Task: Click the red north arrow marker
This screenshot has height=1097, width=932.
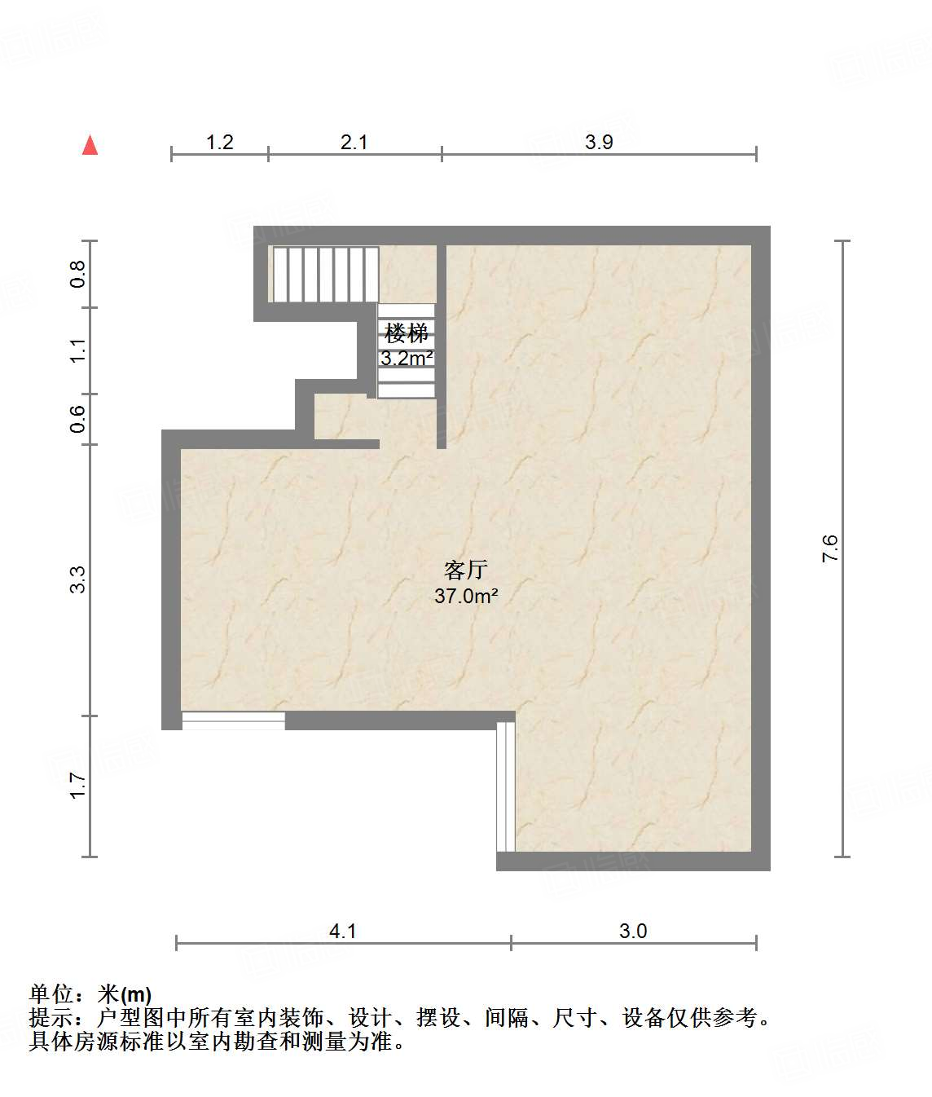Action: point(90,146)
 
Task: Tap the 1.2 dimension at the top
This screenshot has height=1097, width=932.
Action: point(219,142)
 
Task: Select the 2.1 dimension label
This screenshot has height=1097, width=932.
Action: point(354,142)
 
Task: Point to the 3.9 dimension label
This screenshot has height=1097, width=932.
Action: point(598,142)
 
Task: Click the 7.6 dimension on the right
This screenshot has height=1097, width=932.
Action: point(829,548)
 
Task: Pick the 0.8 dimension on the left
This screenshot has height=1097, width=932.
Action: point(77,273)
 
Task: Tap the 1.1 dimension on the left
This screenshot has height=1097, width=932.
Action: point(77,350)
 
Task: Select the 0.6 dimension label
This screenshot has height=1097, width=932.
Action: point(77,419)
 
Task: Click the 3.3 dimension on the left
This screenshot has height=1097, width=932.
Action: point(77,579)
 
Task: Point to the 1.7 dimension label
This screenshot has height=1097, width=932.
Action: point(77,786)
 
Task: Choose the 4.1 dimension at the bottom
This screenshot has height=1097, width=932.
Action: point(342,931)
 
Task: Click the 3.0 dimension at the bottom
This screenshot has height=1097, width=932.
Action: point(633,931)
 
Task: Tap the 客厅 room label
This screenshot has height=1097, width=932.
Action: point(465,570)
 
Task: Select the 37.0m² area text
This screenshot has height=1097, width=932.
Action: point(465,596)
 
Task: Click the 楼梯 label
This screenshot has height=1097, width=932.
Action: point(406,333)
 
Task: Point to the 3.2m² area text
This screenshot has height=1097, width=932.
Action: point(406,358)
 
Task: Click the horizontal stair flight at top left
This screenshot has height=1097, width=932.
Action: point(325,274)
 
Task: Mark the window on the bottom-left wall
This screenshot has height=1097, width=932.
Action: point(233,720)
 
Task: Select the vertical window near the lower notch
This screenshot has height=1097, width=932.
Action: point(505,786)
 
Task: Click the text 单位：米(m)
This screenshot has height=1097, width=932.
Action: point(90,994)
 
